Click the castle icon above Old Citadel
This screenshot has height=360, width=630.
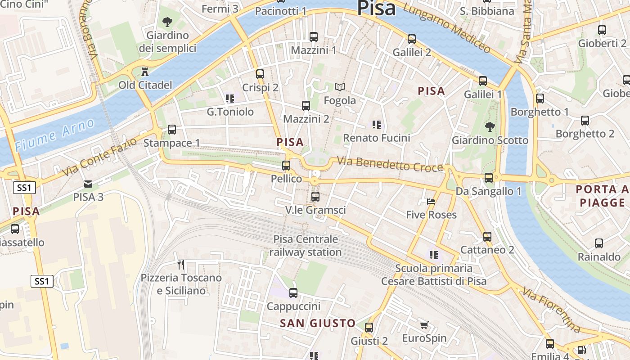pos(145,72)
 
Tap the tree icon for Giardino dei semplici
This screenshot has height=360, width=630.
pos(167,21)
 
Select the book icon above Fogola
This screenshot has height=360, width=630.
pos(340,87)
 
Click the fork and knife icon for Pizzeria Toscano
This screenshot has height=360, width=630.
pos(181,264)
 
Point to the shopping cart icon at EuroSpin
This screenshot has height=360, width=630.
pos(424,325)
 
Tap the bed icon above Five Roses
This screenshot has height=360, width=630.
pos(431,202)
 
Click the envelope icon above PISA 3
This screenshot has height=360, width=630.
pos(88,184)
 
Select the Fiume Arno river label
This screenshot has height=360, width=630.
pos(54,135)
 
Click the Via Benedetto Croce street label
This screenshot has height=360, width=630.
pos(390,164)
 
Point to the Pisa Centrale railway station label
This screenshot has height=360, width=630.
pos(306,245)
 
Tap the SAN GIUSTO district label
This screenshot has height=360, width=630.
pos(318,323)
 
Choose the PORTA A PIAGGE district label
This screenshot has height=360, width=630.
pos(602,196)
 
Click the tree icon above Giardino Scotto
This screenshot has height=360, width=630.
pos(490,127)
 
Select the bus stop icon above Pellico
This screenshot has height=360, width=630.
pos(286,166)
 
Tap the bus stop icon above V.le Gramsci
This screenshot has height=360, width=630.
pos(315,197)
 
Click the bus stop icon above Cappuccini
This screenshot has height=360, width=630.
pos(293,293)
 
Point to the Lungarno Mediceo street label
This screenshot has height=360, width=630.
pos(446,27)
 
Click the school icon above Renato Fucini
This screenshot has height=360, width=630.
pos(376,124)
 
